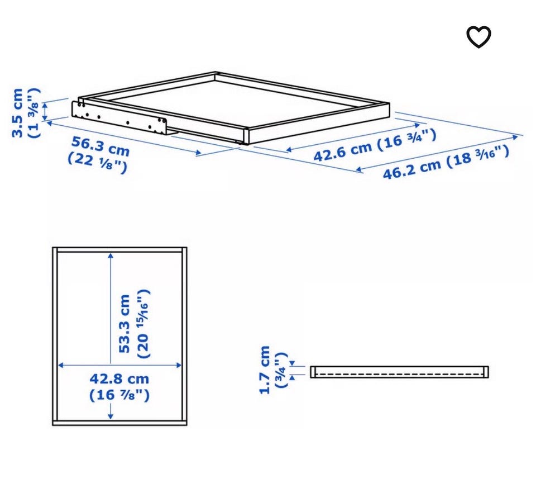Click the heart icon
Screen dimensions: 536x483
click(478, 36)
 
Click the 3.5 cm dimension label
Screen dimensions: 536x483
click(18, 113)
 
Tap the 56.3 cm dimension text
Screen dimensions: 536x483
click(100, 146)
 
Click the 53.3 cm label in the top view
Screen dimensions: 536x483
click(125, 324)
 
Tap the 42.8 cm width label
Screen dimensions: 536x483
click(119, 379)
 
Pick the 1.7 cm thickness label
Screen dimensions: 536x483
click(265, 370)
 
